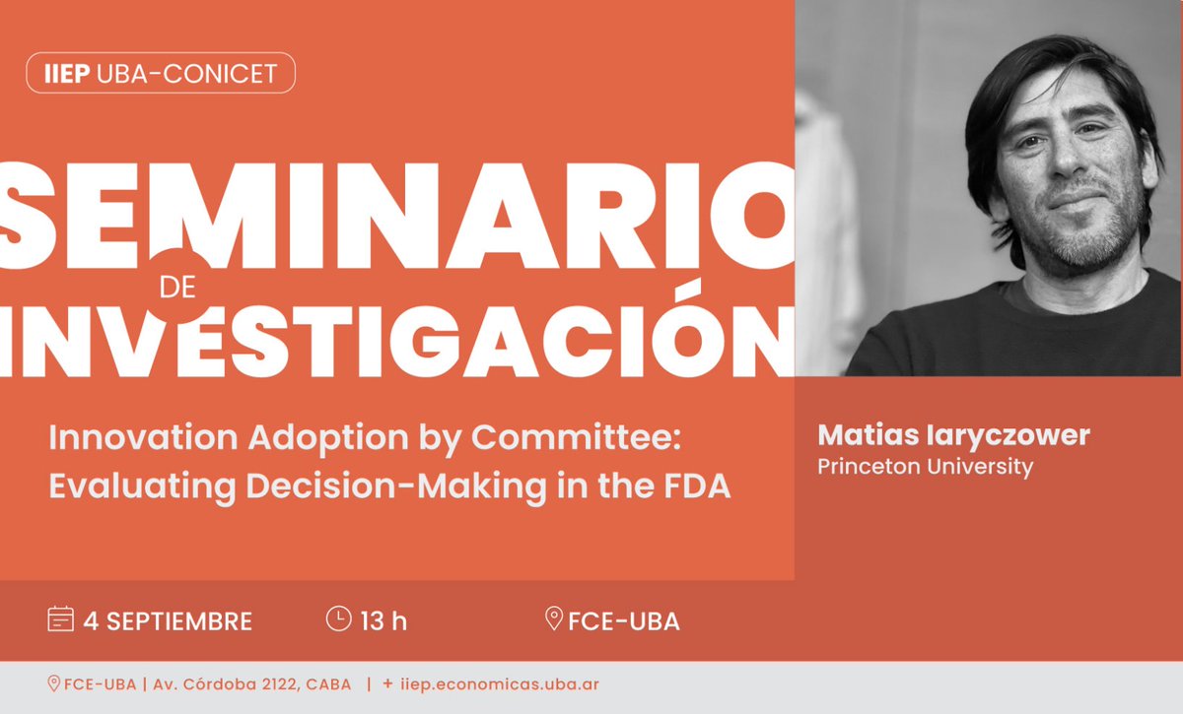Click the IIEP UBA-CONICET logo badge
pos(161,73)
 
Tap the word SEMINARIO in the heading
pos(384,214)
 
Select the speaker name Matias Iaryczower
pos(953,435)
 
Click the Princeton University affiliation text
pos(925,466)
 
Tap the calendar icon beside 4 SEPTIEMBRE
pos(61,619)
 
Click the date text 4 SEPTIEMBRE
pos(168,621)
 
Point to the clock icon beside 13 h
pos(338,618)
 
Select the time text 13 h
pos(383,621)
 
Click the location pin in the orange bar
pos(553,619)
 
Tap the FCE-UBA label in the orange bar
pos(624,621)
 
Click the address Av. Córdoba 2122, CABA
pos(251,684)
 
